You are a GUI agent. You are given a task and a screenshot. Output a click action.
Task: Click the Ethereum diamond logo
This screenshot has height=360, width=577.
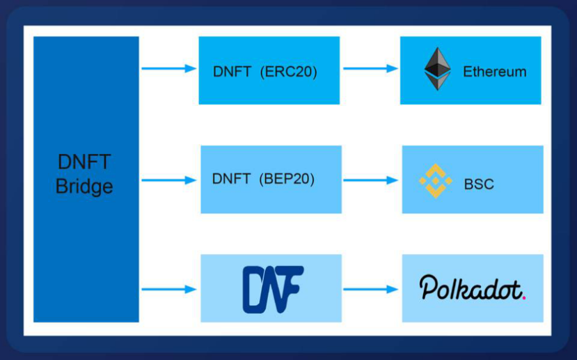point(438,69)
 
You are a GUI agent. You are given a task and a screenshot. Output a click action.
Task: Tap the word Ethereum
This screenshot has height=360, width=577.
point(495,72)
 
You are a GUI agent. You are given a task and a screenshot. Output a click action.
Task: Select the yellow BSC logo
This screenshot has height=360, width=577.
point(436,181)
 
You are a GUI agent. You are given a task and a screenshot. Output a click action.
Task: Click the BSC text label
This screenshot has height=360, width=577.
point(479,184)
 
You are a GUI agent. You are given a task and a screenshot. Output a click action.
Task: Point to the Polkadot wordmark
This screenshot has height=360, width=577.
point(473,287)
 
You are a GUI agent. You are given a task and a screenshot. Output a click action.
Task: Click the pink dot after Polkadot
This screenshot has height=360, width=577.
point(524,297)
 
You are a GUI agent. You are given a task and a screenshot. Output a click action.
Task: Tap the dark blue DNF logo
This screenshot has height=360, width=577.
point(273,290)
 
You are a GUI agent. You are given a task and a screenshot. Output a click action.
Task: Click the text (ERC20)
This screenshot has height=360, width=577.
point(288,72)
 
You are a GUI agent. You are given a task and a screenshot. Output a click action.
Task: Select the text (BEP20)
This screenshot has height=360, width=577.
point(287,179)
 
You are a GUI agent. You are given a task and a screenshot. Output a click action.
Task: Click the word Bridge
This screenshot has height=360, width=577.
point(84,186)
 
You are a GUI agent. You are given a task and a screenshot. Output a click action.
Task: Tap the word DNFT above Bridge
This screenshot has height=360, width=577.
point(84,162)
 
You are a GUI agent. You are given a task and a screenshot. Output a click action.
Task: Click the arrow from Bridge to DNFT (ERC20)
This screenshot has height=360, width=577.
point(169,68)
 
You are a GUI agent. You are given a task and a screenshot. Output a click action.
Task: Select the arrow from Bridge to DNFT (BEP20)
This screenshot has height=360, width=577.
point(169,180)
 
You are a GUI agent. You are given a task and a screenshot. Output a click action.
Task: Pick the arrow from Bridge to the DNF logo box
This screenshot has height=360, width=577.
point(169,290)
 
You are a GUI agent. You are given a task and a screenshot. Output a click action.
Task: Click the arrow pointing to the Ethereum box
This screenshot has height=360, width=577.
point(370,68)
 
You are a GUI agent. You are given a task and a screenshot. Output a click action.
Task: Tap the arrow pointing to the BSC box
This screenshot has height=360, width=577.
point(370,180)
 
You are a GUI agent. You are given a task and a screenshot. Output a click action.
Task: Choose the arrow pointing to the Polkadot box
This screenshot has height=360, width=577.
point(370,290)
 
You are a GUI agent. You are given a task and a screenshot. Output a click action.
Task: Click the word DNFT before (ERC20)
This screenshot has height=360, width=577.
point(232,72)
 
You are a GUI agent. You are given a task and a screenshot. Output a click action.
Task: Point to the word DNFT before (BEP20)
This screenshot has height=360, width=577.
point(232,179)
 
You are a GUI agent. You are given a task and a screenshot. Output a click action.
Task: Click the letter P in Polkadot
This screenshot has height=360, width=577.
point(428,287)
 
